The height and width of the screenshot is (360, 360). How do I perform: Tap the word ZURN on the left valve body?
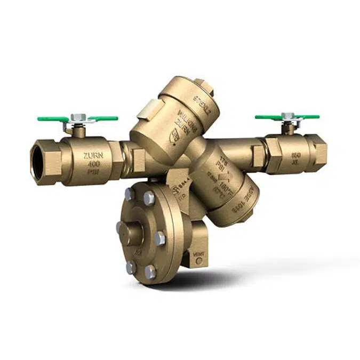click(93, 156)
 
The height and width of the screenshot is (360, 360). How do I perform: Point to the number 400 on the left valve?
click(93, 164)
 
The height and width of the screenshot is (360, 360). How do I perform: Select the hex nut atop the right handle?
click(288, 115)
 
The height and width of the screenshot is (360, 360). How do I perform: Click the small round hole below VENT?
click(199, 261)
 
